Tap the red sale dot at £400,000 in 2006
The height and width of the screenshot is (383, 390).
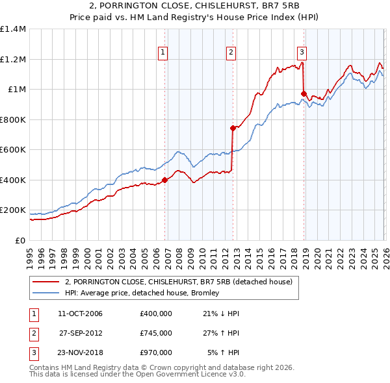[x=164, y=180]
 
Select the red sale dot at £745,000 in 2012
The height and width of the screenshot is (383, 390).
[x=233, y=128]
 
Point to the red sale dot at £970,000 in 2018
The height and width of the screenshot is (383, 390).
[x=304, y=94]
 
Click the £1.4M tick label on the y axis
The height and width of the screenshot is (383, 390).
[x=13, y=29]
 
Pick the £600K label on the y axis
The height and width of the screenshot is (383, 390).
[x=13, y=150]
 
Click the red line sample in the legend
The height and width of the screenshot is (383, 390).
[x=45, y=282]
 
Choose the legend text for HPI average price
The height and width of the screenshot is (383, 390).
[x=141, y=293]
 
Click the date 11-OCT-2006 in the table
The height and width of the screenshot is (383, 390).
[x=80, y=314]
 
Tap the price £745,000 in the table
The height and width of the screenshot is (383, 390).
[x=155, y=333]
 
